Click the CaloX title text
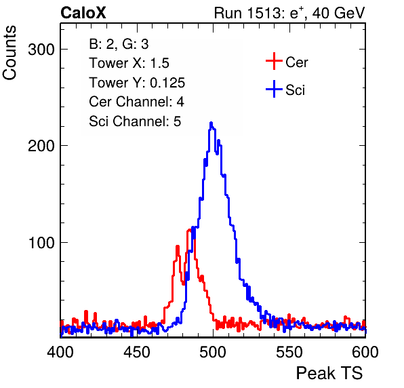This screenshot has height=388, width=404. (x=83, y=13)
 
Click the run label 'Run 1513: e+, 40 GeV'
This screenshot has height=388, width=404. (x=289, y=13)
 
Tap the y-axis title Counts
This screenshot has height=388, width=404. (x=9, y=53)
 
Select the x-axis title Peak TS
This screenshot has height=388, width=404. (x=329, y=373)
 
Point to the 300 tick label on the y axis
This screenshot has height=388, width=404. (x=41, y=50)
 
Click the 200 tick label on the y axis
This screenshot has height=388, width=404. (x=41, y=146)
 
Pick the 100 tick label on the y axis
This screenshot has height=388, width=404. (x=41, y=243)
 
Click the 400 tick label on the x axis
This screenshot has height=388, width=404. (x=60, y=352)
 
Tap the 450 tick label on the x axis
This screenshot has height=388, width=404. (x=136, y=352)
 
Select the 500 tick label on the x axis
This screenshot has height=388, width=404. (x=213, y=352)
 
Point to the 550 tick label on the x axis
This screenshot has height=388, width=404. (x=289, y=352)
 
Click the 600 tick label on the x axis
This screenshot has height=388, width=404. (x=365, y=352)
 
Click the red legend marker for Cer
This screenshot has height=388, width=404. (x=274, y=61)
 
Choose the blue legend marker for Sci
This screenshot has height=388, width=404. (x=274, y=90)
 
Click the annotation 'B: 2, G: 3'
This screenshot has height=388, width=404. (x=119, y=44)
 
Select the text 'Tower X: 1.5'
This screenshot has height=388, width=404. (x=129, y=63)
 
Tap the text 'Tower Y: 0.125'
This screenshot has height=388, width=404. (x=137, y=83)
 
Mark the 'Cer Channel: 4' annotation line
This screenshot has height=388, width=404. (x=136, y=102)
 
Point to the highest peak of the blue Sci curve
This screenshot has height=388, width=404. (x=211, y=123)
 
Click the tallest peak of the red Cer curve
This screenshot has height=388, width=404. (x=190, y=230)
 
